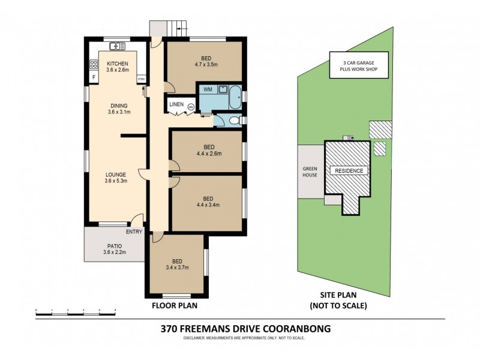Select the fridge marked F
point(94,77)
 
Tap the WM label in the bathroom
point(208,89)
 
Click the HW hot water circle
point(191,107)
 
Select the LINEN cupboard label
point(176,104)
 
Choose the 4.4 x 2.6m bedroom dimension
point(208,154)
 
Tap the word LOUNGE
point(115,175)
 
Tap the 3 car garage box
point(358,66)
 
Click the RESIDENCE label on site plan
point(347,170)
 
